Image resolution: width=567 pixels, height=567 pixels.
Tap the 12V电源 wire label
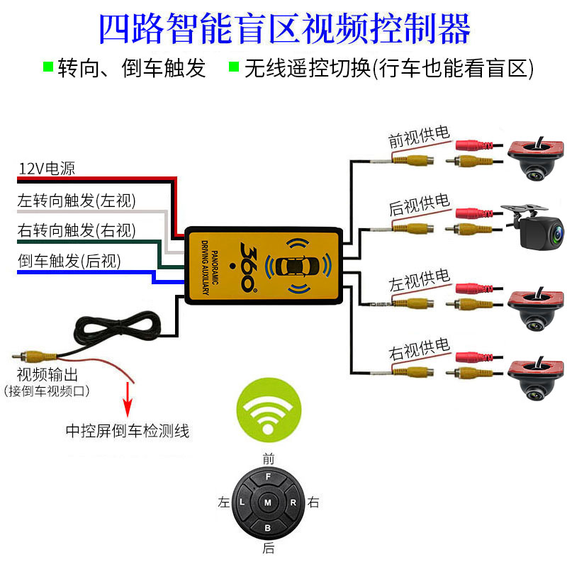click(x=46, y=169)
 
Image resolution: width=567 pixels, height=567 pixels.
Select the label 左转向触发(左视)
click(x=77, y=201)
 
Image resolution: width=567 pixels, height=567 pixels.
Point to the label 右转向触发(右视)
click(x=77, y=230)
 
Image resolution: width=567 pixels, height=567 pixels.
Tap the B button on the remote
click(x=267, y=528)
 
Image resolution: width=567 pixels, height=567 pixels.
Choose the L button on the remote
click(x=242, y=503)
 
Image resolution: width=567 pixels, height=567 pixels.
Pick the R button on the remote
click(x=293, y=503)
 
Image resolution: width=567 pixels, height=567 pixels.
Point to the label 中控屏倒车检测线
click(x=128, y=430)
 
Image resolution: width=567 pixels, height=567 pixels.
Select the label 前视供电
click(x=418, y=137)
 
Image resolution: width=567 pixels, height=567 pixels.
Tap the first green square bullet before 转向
click(x=48, y=67)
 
